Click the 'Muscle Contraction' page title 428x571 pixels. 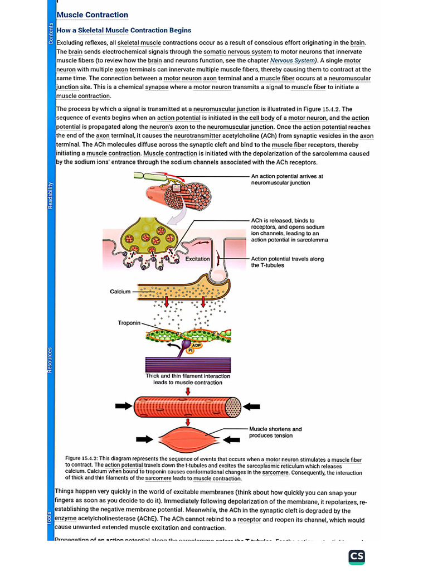point(93,15)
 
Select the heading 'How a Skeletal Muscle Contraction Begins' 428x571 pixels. point(124,31)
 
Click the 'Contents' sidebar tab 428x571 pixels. point(51,33)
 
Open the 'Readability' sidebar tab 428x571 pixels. point(51,195)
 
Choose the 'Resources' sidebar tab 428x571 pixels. point(51,360)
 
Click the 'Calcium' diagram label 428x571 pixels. point(120,292)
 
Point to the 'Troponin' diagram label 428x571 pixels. point(129,323)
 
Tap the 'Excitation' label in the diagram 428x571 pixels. point(198,259)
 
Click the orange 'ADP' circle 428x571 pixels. point(197,346)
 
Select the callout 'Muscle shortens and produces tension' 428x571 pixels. point(275,432)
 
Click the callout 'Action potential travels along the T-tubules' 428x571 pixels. point(287,262)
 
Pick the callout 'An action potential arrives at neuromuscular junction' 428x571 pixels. point(287,179)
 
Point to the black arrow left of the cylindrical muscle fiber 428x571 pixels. point(124,406)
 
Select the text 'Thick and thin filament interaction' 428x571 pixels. point(188,376)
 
